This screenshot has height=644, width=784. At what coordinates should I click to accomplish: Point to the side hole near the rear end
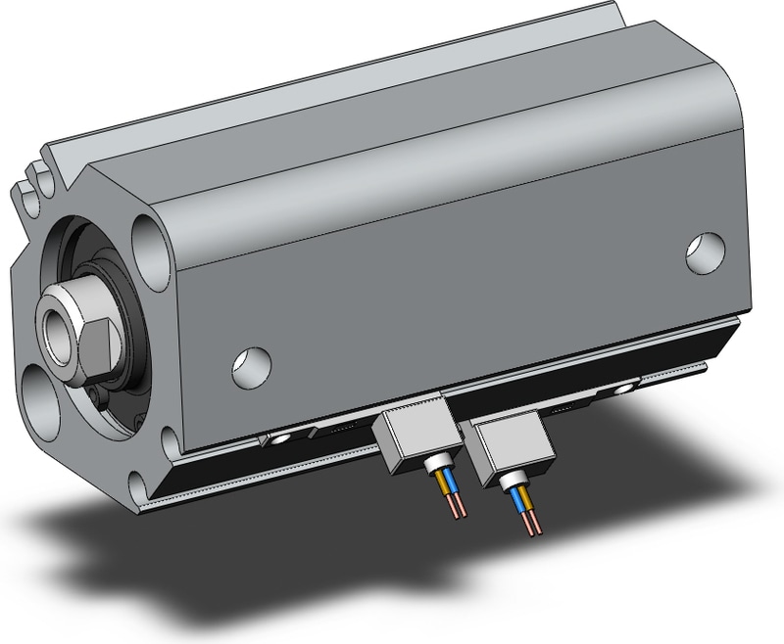click(x=705, y=252)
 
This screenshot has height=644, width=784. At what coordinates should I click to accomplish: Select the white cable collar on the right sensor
click(x=513, y=478)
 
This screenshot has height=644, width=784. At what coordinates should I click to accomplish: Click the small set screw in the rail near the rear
click(x=624, y=390)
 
